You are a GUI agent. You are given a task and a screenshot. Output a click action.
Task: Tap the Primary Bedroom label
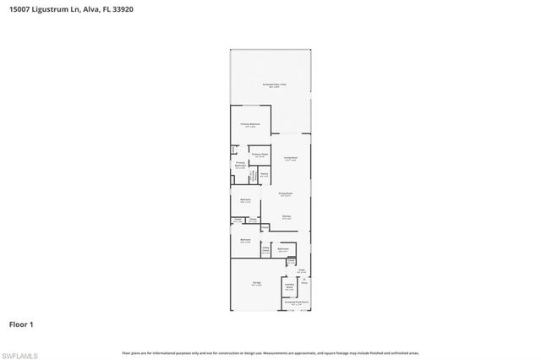250,125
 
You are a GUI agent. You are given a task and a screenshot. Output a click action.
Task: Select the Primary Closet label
260,155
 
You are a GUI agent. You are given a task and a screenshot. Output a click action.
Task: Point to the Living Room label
290,159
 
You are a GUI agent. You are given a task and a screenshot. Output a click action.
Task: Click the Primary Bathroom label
240,166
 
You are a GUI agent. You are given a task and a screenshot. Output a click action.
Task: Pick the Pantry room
264,176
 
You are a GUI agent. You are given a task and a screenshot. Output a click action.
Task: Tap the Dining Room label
286,194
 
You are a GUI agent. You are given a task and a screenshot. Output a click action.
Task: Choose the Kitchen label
287,217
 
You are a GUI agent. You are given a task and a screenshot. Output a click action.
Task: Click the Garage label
255,283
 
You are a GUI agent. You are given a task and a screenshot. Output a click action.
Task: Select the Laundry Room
289,287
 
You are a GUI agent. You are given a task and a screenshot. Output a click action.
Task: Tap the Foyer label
300,270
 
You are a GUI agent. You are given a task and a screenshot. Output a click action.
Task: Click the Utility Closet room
265,250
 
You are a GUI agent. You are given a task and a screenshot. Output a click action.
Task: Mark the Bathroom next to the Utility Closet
284,250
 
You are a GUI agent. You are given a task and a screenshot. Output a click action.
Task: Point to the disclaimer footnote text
270,352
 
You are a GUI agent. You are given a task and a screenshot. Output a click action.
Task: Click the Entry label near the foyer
304,282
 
